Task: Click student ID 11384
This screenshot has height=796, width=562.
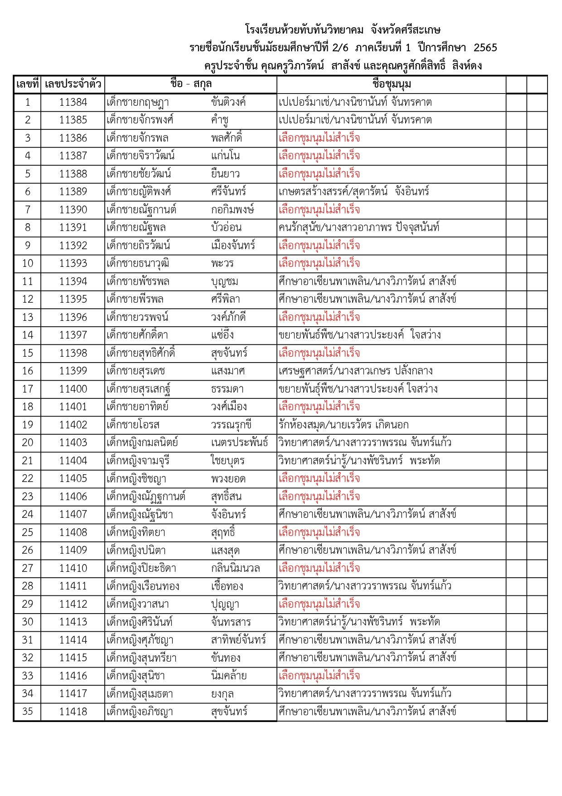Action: pyautogui.click(x=73, y=102)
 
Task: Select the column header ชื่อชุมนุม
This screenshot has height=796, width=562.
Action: pyautogui.click(x=391, y=84)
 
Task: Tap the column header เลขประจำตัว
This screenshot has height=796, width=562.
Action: pyautogui.click(x=73, y=84)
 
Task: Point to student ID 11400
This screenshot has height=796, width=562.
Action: pyautogui.click(x=73, y=389)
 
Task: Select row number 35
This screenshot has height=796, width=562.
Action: pyautogui.click(x=28, y=711)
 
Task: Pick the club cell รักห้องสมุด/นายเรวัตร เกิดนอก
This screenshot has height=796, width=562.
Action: pyautogui.click(x=344, y=425)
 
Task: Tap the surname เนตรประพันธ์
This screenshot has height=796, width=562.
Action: pyautogui.click(x=239, y=442)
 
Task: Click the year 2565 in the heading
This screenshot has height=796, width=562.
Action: pyautogui.click(x=485, y=48)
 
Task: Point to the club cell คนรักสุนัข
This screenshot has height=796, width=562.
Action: pyautogui.click(x=359, y=227)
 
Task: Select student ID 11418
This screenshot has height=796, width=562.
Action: pyautogui.click(x=73, y=711)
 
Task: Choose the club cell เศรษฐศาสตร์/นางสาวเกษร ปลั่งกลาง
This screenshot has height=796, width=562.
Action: pyautogui.click(x=355, y=371)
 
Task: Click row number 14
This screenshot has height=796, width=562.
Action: pyautogui.click(x=28, y=335)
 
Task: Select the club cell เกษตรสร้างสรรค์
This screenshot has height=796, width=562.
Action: pyautogui.click(x=354, y=192)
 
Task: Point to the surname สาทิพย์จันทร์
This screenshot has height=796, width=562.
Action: pyautogui.click(x=238, y=640)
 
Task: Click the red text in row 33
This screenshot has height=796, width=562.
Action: pyautogui.click(x=319, y=676)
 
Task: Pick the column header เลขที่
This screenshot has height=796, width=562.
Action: pyautogui.click(x=28, y=84)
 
